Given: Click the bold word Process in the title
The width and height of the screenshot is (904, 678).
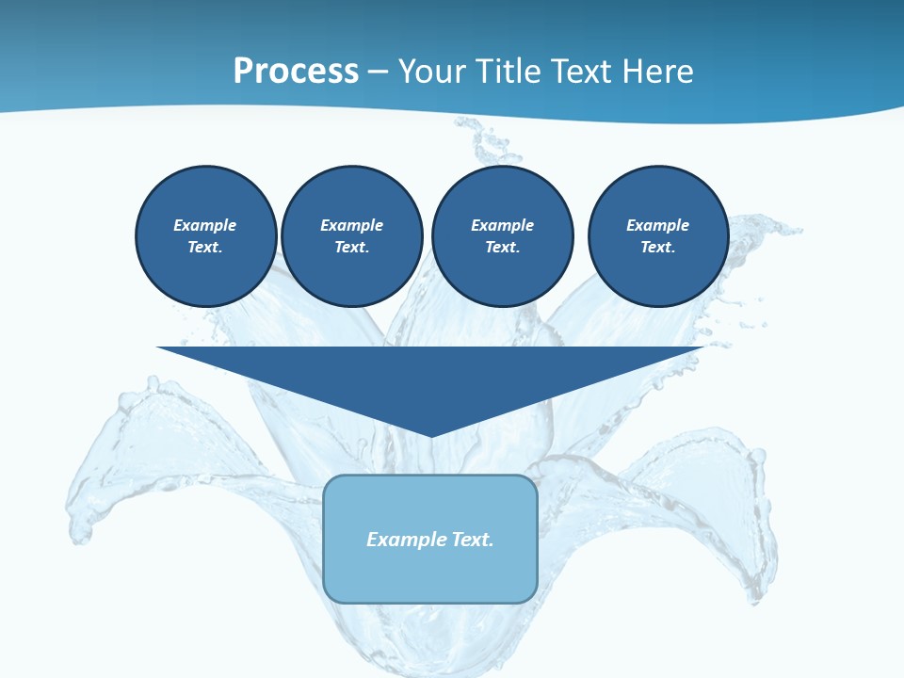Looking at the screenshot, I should tap(296, 72).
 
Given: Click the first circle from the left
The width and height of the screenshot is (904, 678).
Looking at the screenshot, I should tap(205, 236).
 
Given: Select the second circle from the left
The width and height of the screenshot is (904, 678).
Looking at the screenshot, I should tap(351, 236).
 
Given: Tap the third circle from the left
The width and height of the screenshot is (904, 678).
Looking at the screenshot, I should tap(502, 236).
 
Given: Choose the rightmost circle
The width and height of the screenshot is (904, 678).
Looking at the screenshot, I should tap(657, 236).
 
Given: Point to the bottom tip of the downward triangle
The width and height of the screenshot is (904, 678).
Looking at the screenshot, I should tap(431, 434).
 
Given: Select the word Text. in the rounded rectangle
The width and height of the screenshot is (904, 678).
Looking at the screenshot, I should tap(472, 540).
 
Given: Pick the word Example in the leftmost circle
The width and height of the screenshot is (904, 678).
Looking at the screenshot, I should tap(205, 225).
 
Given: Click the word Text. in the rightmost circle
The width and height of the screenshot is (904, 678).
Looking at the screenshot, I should tap(657, 248).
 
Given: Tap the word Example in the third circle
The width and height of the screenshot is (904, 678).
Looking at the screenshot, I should tap(502, 225).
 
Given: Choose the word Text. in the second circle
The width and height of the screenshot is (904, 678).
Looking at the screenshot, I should tap(351, 248).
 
